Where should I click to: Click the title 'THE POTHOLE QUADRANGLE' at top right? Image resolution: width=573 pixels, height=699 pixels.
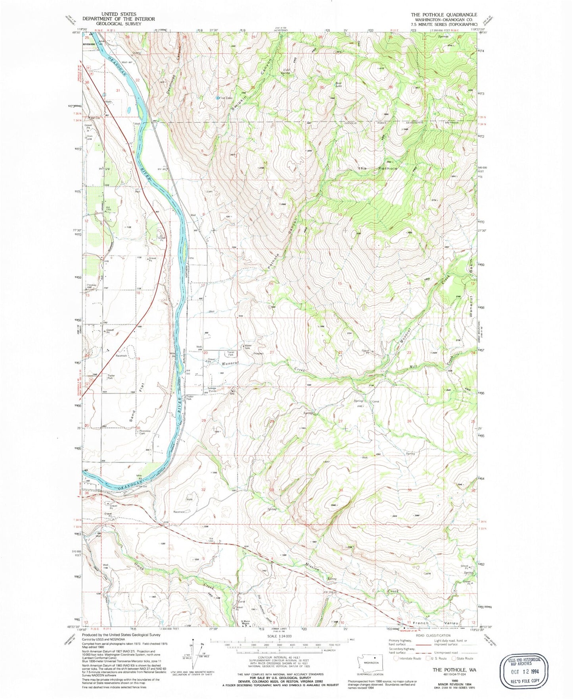pyautogui.click(x=444, y=14)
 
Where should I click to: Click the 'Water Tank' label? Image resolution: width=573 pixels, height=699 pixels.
pyautogui.click(x=248, y=347)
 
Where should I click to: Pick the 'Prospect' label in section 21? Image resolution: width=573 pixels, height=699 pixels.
pyautogui.click(x=259, y=353)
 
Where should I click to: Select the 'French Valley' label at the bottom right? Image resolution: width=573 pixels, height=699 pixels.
pyautogui.click(x=435, y=623)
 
